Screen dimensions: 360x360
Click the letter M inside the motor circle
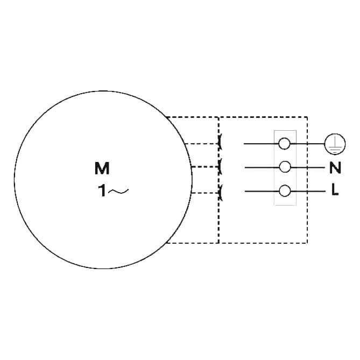(102, 168)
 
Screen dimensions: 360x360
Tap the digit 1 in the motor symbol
(102, 191)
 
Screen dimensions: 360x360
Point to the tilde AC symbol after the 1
(118, 191)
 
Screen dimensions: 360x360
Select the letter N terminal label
(335, 167)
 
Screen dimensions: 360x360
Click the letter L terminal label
(335, 190)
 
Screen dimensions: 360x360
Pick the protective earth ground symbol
(335, 144)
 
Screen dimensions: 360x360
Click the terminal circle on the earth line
(284, 144)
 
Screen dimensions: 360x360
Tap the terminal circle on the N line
(285, 167)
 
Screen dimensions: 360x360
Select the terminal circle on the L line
(285, 191)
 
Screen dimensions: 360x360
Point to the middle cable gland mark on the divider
(220, 166)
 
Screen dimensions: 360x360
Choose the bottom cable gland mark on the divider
(220, 193)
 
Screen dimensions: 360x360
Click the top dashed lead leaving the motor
(202, 144)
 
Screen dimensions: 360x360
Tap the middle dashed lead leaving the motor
(205, 167)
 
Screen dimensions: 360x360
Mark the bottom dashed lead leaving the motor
(205, 193)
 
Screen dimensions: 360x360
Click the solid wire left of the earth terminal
(261, 144)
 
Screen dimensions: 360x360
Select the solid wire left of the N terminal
(262, 167)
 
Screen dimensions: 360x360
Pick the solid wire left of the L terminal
(262, 191)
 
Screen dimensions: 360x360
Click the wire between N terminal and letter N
(308, 167)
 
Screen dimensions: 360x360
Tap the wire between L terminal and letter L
(308, 191)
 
